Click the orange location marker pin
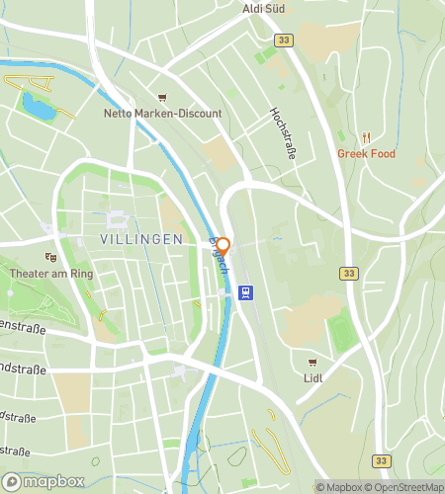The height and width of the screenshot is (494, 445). coord(223,247)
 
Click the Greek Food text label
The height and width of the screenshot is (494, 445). coord(365,153)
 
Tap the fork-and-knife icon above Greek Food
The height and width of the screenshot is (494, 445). coord(365,137)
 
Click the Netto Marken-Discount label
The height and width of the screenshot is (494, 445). coord(163,114)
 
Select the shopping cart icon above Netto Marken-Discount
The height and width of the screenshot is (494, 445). coord(163,98)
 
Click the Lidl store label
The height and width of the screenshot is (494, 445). coord(314,377)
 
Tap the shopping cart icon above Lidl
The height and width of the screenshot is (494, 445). coord(314,363)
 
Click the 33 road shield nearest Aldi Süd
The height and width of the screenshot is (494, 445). coord(284,41)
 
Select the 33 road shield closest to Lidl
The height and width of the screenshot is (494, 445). coord(348,273)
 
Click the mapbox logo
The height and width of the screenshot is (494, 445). coord(42,483)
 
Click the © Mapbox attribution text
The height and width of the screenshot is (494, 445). coord(339,486)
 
